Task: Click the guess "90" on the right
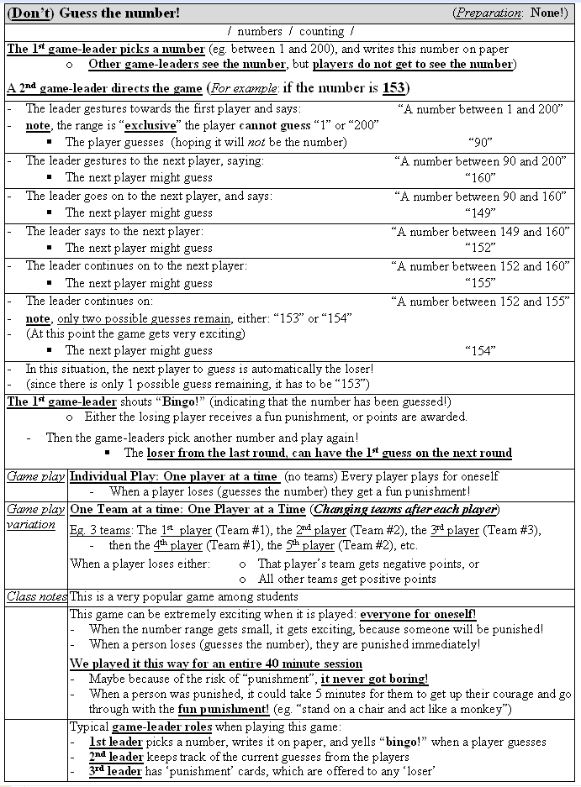(481, 142)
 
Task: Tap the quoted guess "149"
(481, 212)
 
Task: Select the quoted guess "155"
(481, 283)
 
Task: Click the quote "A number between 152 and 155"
(480, 302)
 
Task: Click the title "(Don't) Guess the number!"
(93, 13)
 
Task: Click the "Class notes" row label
(36, 596)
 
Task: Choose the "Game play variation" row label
(36, 517)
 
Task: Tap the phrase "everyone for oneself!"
(418, 614)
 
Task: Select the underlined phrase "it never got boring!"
(374, 679)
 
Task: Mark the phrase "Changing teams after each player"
(404, 509)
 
